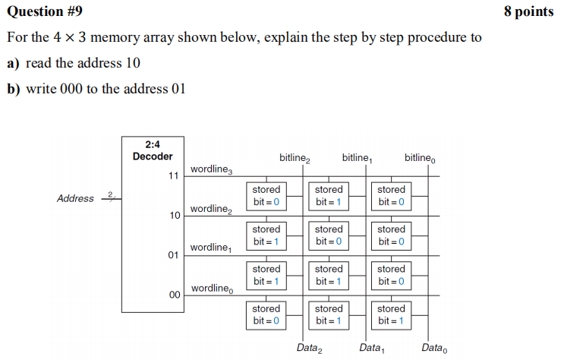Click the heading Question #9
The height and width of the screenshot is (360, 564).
point(45,11)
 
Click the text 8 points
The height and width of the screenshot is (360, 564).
point(528,11)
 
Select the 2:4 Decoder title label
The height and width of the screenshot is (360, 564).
point(153,150)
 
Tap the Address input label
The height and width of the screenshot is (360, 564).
point(76,199)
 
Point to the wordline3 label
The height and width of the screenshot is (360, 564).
point(212,169)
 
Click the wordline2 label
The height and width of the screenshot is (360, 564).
point(212,209)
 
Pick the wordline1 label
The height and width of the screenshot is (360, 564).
point(211,248)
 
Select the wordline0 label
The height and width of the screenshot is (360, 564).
point(212,289)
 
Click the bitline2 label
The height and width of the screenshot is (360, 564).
point(295,158)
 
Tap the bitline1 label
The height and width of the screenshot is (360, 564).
point(357,158)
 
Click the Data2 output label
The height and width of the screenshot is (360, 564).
point(310,349)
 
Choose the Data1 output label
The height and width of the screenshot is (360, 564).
point(372,349)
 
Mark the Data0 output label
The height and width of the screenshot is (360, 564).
point(434,349)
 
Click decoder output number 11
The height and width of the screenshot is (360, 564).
point(173,175)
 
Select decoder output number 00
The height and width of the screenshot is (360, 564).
point(173,295)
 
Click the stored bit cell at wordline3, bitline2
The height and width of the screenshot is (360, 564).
point(266,195)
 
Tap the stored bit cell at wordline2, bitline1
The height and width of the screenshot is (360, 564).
point(329,235)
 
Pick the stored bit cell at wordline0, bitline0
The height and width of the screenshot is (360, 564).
point(391,314)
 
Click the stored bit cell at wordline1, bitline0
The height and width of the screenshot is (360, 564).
point(391,275)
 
